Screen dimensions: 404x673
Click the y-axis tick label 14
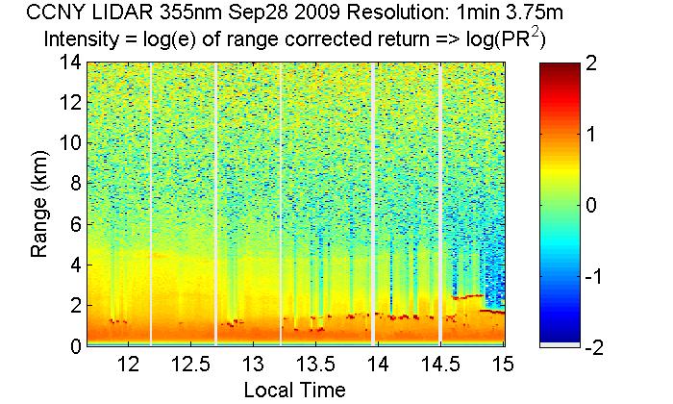coord(68,63)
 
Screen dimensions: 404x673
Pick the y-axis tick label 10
coord(68,143)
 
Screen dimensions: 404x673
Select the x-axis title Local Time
coord(294,390)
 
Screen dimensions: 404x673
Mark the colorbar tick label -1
coord(600,275)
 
